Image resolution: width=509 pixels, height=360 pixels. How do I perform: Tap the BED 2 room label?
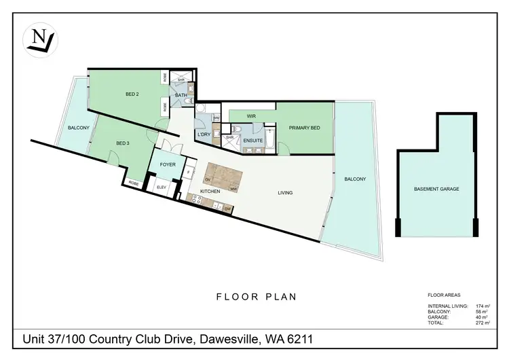[x=132, y=94]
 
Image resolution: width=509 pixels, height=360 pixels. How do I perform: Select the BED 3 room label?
[x=122, y=143]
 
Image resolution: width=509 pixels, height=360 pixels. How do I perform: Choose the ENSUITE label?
[x=253, y=141]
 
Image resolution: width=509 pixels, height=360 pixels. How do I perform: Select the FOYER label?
[x=168, y=164]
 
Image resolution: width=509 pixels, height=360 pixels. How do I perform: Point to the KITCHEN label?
[x=210, y=192]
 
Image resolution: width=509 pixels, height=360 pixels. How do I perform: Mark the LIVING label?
[x=285, y=193]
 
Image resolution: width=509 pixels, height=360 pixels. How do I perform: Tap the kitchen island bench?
[x=220, y=175]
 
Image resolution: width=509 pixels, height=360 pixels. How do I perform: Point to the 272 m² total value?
[x=483, y=324]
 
